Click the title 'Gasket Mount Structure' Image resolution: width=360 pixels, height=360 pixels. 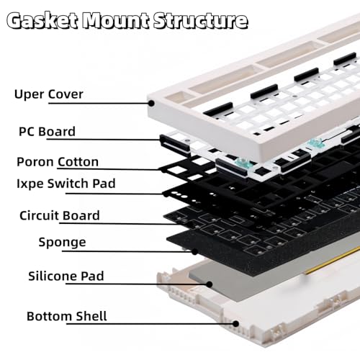coord(127,21)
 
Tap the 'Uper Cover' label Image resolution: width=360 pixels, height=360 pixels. coord(49,94)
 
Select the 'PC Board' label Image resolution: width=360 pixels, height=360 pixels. coord(47,131)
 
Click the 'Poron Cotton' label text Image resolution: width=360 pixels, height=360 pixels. coord(58,162)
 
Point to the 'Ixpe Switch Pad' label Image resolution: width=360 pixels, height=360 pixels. coord(66,184)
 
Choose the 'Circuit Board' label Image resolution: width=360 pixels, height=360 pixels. coord(60,215)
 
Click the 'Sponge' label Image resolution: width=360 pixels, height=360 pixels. coord(62,242)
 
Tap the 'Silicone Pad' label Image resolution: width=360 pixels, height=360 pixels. coord(66,276)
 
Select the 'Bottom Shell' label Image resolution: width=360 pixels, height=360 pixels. coord(67,316)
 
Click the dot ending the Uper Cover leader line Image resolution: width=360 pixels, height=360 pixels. coord(151,104)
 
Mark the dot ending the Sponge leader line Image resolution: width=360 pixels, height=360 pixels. coord(194,252)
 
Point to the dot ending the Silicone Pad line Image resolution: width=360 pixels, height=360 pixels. coord(210,284)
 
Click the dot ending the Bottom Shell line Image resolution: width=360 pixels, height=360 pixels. coord(236,324)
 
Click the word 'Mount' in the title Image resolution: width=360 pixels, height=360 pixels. coord(114,21)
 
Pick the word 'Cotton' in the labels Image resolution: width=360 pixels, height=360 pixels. coord(78,162)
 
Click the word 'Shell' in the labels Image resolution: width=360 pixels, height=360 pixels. coord(91,316)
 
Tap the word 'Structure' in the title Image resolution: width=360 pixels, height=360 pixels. coord(201,21)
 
